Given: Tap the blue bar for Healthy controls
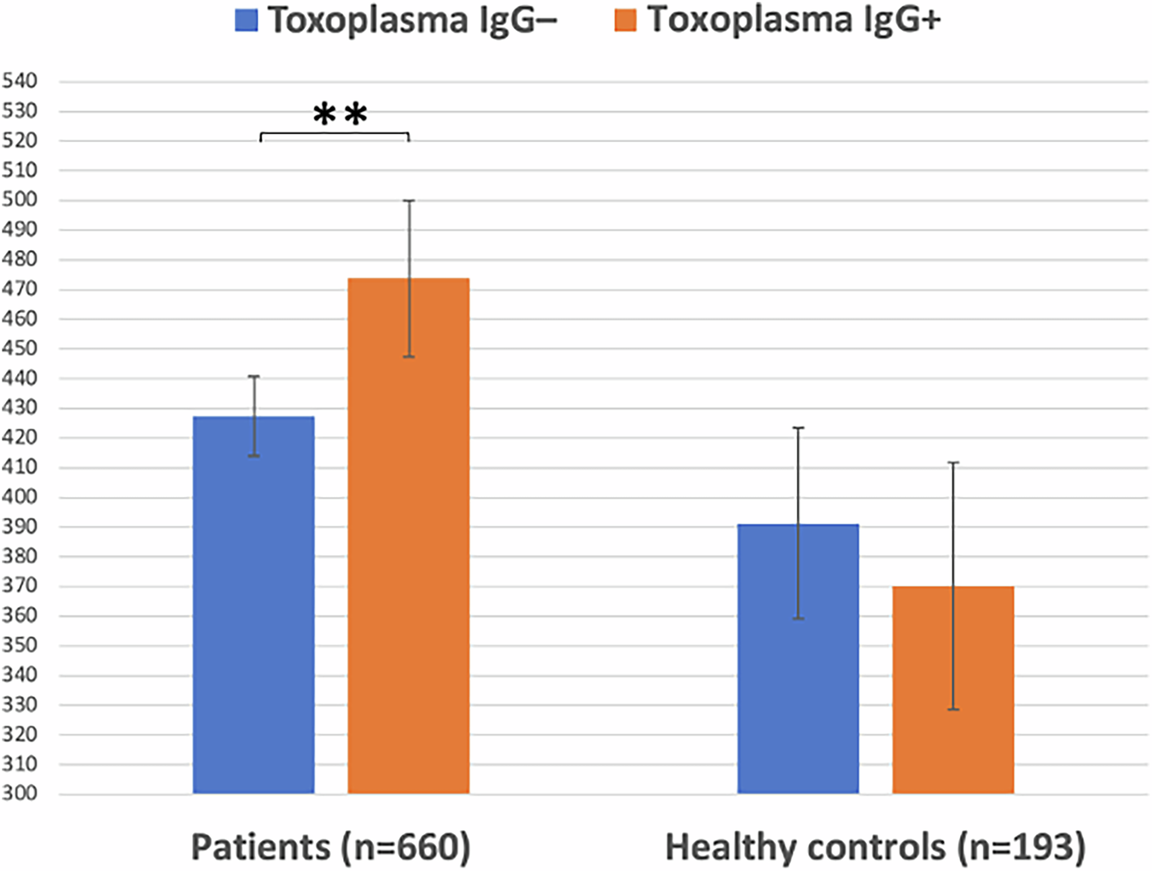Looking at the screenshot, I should point(798,658).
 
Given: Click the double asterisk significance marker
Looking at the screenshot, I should point(340,114).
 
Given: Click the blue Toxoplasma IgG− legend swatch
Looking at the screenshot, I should point(247,20).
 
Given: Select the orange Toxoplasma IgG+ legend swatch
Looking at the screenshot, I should point(625,20).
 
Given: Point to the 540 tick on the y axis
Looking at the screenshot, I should point(20,81).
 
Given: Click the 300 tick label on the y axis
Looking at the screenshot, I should point(20,793).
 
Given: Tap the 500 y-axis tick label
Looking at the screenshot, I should point(20,200).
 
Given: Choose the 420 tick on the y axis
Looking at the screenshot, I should point(20,437).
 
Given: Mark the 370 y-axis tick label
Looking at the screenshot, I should point(20,586).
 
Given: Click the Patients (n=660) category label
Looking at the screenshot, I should point(330,847).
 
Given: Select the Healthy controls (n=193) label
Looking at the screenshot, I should point(875,847).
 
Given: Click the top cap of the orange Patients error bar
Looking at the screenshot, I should point(409,201).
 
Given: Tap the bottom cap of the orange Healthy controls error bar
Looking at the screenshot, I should point(953,710).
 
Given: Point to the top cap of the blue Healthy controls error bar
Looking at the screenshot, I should point(798,428).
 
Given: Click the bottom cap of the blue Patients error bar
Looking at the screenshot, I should point(253,456).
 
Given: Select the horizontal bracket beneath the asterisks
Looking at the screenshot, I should point(335,133).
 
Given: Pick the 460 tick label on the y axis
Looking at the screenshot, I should point(20,319).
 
